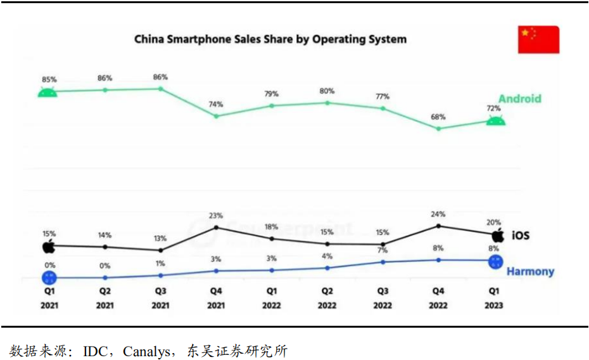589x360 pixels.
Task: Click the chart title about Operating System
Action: point(270,39)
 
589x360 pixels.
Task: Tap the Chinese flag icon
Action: point(538,39)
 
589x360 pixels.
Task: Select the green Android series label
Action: point(519,98)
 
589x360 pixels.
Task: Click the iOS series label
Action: point(520,236)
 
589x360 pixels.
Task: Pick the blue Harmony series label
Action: point(530,271)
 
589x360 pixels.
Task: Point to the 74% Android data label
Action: point(216,105)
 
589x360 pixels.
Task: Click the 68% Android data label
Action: point(438,117)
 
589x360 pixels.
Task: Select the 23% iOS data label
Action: point(216,216)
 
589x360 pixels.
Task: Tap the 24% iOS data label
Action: point(438,214)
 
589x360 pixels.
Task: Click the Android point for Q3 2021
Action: point(161,89)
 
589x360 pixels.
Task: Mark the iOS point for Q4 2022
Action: point(438,226)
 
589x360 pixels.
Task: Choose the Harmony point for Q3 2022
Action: point(383,262)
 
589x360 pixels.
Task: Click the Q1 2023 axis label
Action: point(494,299)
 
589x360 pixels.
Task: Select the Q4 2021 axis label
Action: point(216,299)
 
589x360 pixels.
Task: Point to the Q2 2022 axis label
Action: point(327,299)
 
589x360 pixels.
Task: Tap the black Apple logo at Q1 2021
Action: point(49,247)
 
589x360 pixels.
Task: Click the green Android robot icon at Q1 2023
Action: point(495,120)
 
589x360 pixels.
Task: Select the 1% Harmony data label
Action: point(161,264)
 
